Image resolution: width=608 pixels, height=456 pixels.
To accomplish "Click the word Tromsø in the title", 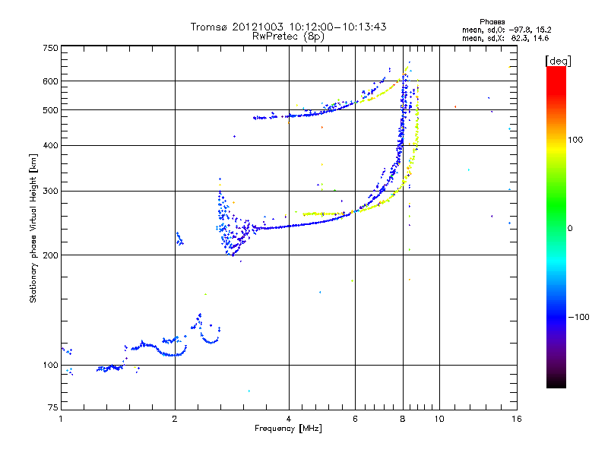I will (x=210, y=27).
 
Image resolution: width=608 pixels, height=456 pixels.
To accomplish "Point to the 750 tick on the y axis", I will (x=50, y=48).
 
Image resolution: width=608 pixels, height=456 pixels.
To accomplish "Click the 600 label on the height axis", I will (x=50, y=81).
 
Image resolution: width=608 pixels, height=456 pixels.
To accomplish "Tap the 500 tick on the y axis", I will (x=50, y=110).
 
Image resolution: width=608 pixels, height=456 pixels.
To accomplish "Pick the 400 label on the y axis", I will (x=50, y=146).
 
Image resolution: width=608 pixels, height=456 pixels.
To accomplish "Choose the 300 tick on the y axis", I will (x=50, y=192).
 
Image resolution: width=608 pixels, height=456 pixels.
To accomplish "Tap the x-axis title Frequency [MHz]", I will (x=289, y=429).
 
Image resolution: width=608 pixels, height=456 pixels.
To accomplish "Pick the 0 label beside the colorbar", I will (x=572, y=228).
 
